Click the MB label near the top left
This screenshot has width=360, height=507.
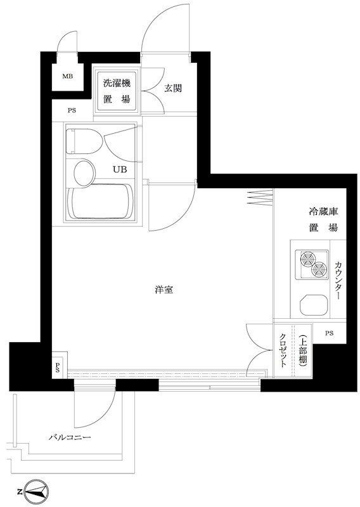(67, 78)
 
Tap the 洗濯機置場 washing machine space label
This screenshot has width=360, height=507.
(117, 89)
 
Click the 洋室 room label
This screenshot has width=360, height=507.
(164, 290)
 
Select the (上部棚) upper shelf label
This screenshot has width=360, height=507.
(304, 351)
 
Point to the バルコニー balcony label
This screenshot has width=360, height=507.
(70, 438)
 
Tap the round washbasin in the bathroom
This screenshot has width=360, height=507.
(83, 171)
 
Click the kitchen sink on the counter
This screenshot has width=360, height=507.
(312, 306)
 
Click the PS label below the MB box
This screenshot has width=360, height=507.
(72, 111)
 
